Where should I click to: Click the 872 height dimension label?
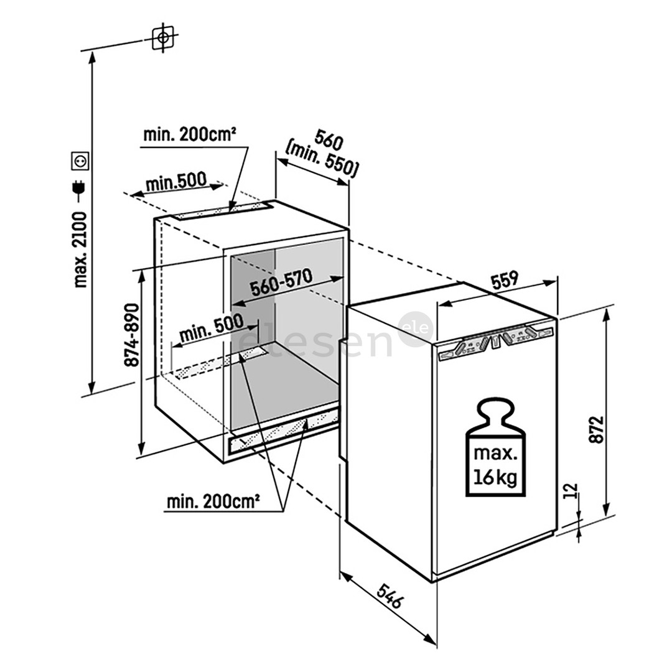coord(597,429)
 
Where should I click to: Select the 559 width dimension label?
coord(505,280)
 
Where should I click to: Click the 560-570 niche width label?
coord(282,282)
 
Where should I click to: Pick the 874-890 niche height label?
coord(133,335)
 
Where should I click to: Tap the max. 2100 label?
coord(80,250)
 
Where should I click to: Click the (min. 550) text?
coord(322,161)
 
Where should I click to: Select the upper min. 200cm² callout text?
coord(189,134)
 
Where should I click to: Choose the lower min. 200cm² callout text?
coord(213,502)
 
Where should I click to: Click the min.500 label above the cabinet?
coord(176,182)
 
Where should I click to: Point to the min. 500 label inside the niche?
coord(211,329)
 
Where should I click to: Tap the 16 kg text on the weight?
coord(495,477)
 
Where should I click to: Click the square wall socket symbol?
coord(80,161)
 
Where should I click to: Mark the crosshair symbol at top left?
coord(163,38)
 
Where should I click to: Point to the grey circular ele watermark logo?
coord(416,329)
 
